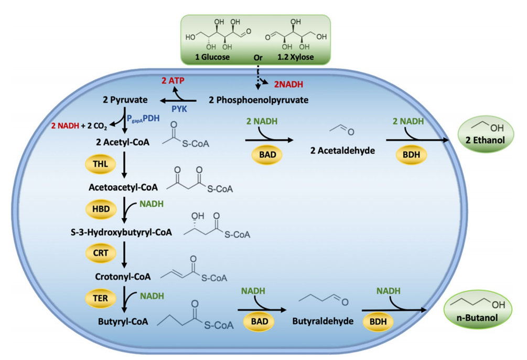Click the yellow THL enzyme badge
pos(101,164)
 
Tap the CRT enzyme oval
pos(101,252)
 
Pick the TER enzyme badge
pos(101,298)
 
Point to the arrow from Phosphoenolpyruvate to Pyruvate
pos(178,100)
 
